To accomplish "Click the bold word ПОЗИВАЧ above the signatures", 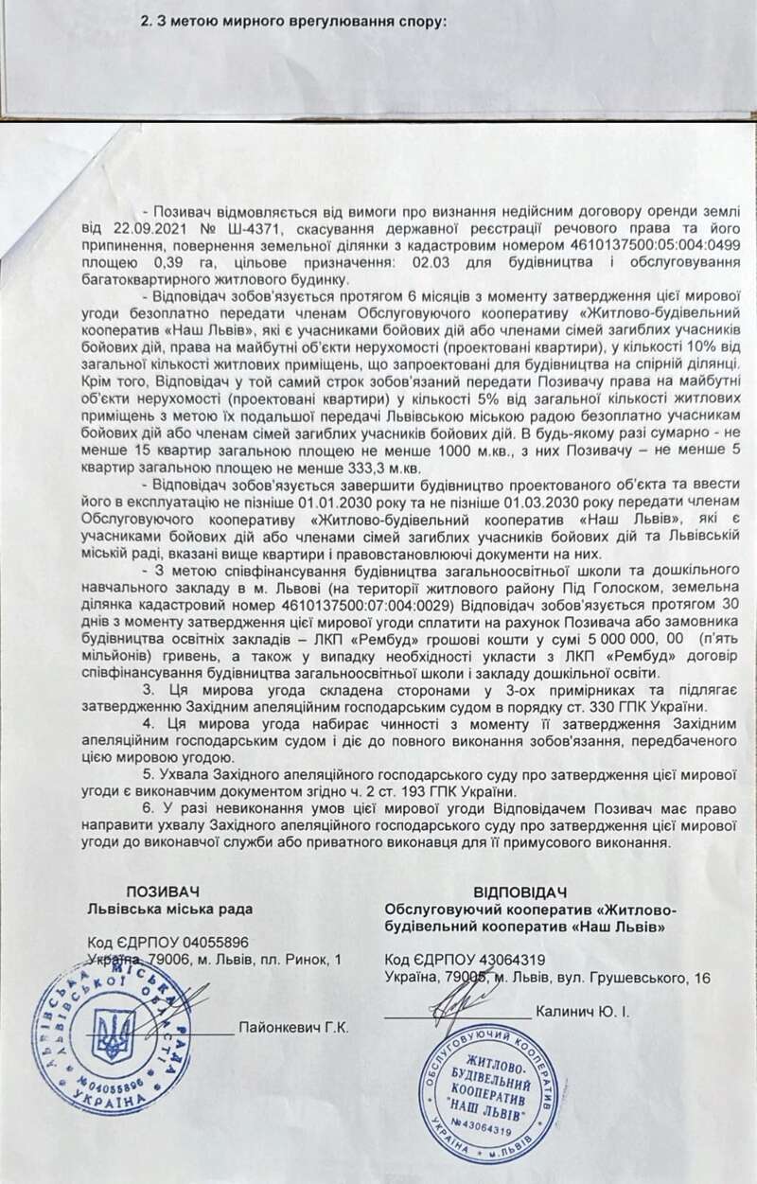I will click(x=166, y=892).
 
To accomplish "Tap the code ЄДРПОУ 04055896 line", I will click(x=167, y=943).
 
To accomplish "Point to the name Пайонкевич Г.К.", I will click(x=294, y=1028).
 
